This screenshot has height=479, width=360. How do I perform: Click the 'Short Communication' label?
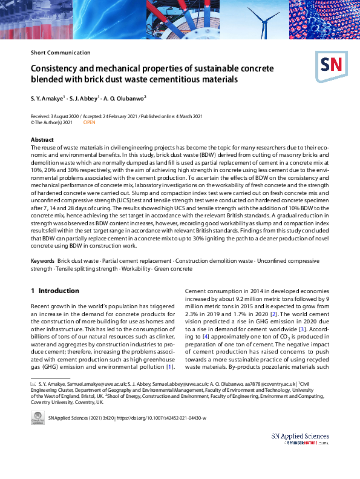(x=61, y=53)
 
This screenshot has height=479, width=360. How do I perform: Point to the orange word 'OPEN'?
(x=89, y=122)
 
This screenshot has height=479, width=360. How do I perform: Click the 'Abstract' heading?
(x=42, y=140)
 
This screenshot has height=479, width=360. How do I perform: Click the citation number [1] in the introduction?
(x=171, y=366)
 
